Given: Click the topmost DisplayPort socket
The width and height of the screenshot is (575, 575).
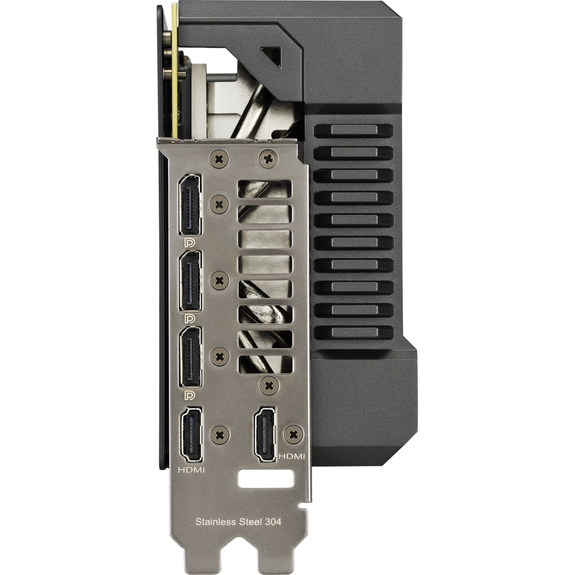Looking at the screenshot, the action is point(190,204).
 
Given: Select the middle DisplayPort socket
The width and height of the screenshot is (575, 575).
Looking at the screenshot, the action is point(190,281).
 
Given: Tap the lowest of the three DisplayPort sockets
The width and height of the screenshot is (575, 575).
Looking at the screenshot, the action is point(190,357).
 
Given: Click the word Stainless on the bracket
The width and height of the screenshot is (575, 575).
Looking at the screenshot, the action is point(215,522).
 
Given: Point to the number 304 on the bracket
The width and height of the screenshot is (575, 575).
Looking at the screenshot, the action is point(272,522).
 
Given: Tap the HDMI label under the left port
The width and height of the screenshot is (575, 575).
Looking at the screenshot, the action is point(191,469).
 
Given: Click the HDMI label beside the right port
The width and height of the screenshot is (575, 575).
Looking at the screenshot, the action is point(291,456).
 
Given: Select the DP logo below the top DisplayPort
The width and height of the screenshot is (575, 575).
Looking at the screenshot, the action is point(189,243).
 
